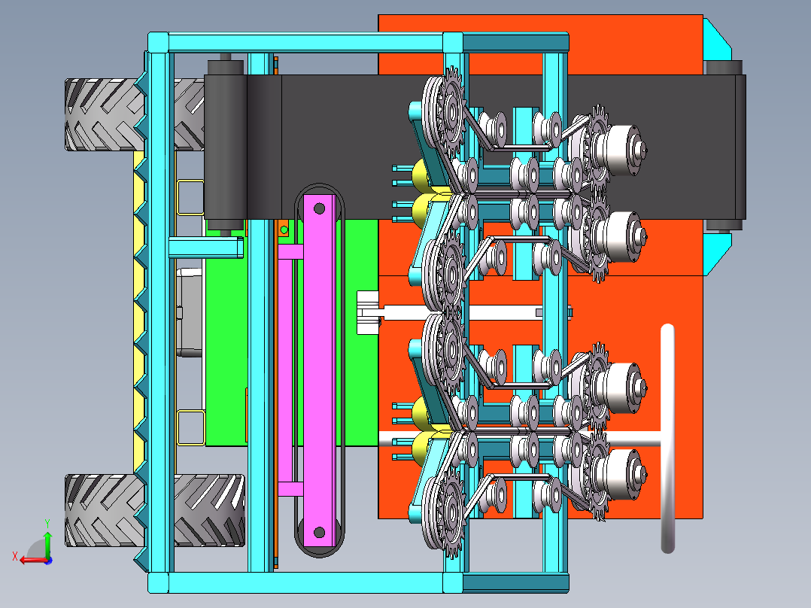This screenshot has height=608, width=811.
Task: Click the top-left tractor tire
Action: [102, 115]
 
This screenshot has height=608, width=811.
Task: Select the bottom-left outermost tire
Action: [102, 509]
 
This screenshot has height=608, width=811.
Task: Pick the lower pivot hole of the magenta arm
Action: [319, 533]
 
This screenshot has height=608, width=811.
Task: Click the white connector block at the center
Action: [369, 312]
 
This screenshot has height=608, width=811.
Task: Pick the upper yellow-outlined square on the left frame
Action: [190, 197]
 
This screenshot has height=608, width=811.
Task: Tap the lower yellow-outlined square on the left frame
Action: [190, 427]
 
